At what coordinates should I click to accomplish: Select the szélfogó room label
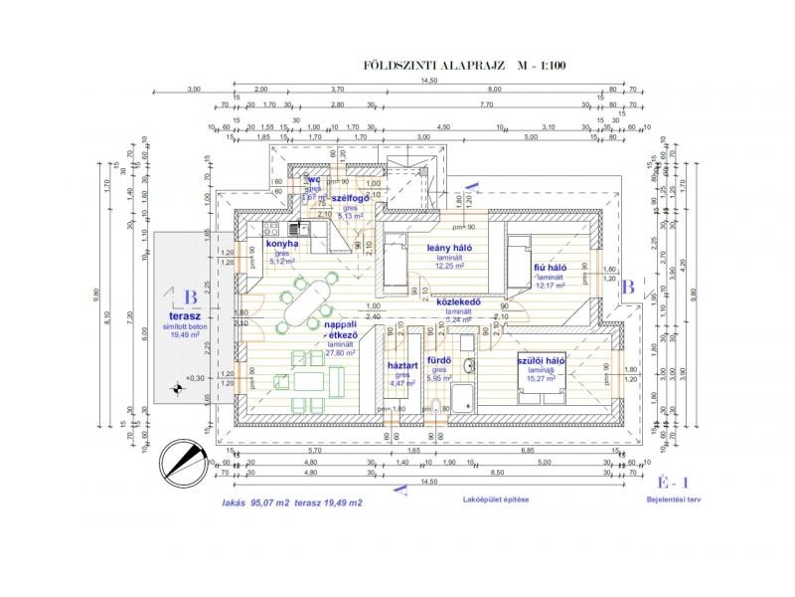[x=352, y=199]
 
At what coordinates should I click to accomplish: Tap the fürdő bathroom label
[x=439, y=360]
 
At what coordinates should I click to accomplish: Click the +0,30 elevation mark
[x=193, y=378]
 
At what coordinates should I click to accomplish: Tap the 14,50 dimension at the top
[x=428, y=82]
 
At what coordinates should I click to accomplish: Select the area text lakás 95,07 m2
[x=256, y=504]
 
